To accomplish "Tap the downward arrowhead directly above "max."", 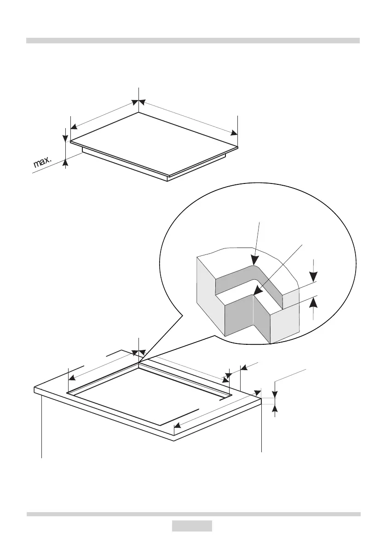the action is click(66, 137).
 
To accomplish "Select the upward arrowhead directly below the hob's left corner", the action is click(66, 161).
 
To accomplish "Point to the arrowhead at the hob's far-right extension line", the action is click(234, 133).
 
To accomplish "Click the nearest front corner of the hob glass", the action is click(168, 176).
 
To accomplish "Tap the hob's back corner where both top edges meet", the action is click(138, 112).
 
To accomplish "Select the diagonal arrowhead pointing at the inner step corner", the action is click(258, 291).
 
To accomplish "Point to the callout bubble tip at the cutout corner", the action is click(139, 361).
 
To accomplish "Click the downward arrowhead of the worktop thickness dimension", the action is click(275, 394).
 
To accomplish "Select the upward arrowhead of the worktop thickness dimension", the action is click(275, 406).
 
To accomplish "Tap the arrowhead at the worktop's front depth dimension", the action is click(179, 425).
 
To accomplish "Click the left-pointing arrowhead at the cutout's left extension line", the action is click(72, 377).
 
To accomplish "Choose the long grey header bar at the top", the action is click(193, 41).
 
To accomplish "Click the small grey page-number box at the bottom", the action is click(192, 526).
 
